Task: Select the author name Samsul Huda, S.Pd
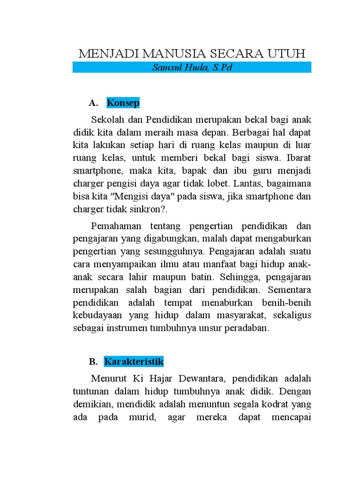[x=192, y=67]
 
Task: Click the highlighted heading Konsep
[x=123, y=103]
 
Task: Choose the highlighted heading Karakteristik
[x=134, y=361]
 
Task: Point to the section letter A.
[x=92, y=103]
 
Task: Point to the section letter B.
[x=93, y=362]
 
